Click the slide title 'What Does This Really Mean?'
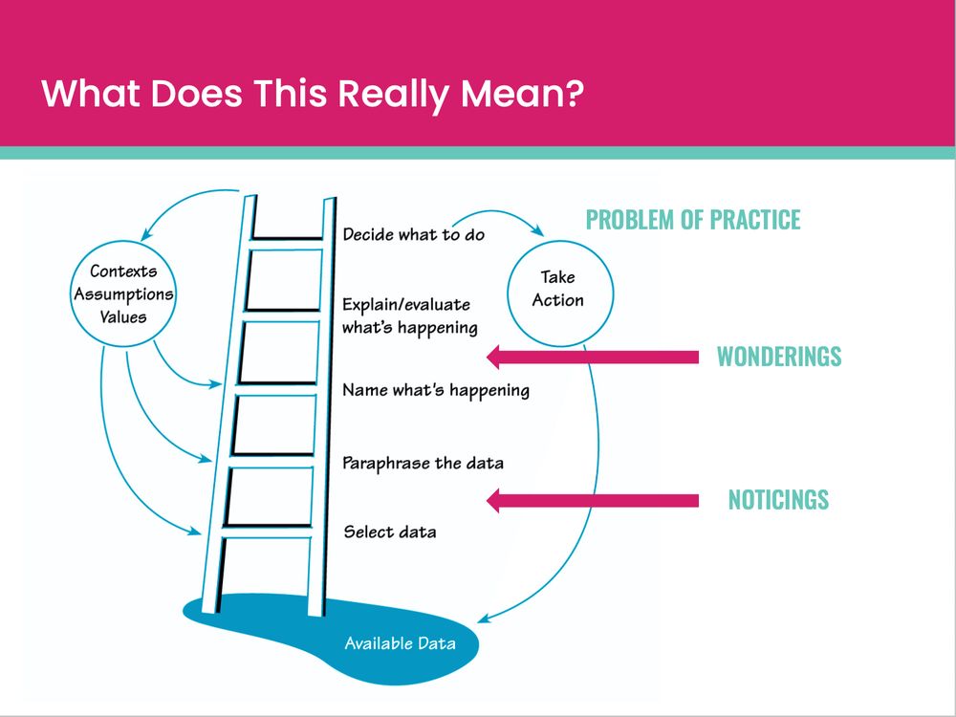pos(313,94)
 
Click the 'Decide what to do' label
pos(414,234)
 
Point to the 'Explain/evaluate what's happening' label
pos(409,316)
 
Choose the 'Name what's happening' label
pos(435,390)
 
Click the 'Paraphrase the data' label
pos(423,464)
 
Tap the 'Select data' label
pos(389,532)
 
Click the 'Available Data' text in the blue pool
pos(400,642)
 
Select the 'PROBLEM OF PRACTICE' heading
pos(693,220)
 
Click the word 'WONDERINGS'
pos(779,358)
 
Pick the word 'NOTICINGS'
pos(778,500)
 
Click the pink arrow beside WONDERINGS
pos(593,358)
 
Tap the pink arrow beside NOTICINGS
pos(593,500)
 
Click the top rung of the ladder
pos(287,236)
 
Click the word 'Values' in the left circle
pos(123,315)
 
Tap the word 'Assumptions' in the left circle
pos(123,293)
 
